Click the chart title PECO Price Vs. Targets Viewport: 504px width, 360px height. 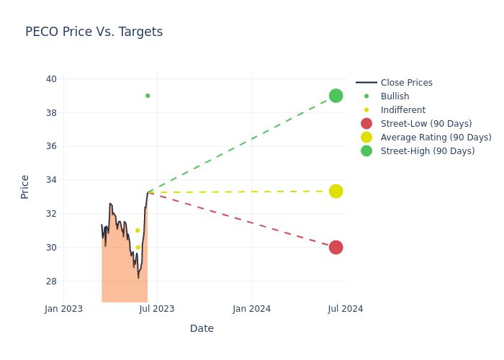coord(94,32)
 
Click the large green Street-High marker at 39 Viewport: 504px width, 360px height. coord(336,96)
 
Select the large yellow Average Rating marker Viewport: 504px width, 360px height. coord(336,192)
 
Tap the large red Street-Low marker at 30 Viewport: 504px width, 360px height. coord(336,247)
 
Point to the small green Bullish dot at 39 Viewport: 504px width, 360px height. coord(148,96)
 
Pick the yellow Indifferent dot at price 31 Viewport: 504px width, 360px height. coord(138,230)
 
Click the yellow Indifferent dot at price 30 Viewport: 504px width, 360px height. coord(138,247)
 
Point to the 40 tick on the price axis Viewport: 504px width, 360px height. coord(51,79)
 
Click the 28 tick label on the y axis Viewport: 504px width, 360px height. coord(51,281)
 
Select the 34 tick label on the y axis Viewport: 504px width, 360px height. coord(51,180)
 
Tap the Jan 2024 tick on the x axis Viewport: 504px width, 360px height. coord(251,309)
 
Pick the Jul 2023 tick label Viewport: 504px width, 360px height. coord(157,309)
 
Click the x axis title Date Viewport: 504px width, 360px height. coord(202,328)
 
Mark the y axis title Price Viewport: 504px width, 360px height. coord(25,186)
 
